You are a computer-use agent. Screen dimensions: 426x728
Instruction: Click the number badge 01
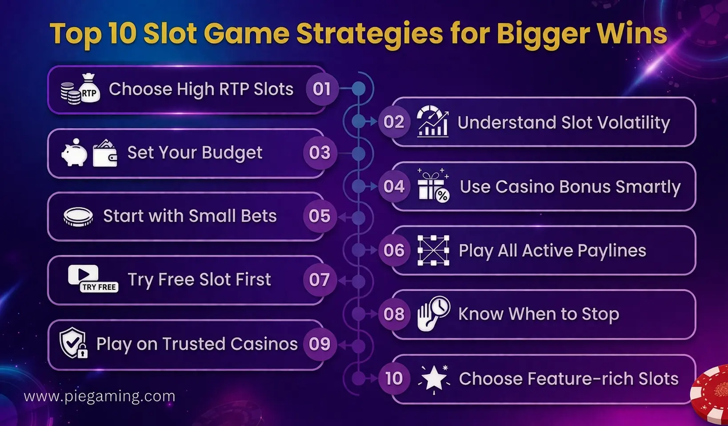322,89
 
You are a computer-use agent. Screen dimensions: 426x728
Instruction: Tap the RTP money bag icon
89,89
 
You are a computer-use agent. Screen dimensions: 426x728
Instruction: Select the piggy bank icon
74,153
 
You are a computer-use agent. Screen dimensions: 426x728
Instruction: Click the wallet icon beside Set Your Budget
105,154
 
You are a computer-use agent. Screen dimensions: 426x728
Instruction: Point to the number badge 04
394,186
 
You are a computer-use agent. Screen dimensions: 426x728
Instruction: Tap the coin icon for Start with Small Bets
78,217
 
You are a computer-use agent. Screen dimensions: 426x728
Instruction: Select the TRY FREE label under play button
99,287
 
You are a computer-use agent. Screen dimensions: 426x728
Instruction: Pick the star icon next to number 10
434,379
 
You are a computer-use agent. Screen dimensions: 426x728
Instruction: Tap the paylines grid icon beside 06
433,250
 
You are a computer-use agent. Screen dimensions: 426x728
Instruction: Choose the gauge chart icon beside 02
432,121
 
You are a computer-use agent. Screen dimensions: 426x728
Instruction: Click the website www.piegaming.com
100,396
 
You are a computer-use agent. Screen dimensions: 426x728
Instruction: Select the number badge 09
320,344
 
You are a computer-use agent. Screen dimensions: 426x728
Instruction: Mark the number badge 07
320,280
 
